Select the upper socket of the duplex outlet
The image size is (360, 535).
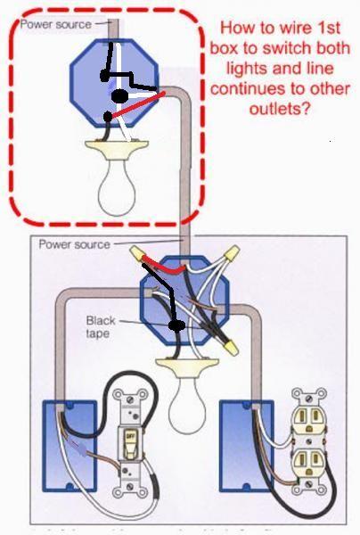coord(308,420)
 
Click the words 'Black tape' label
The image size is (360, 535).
coord(101,327)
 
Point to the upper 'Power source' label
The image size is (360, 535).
coord(56,25)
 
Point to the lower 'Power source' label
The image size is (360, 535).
coord(75,244)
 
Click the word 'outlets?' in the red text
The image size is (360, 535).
coord(280,109)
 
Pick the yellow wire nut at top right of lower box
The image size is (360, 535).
coord(232,253)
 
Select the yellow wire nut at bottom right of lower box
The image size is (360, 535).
coord(230,348)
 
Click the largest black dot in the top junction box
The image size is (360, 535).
coord(119,96)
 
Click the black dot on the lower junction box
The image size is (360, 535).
coord(176,325)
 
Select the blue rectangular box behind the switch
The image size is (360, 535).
coord(70,447)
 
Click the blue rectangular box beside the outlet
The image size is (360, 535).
coord(247,447)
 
